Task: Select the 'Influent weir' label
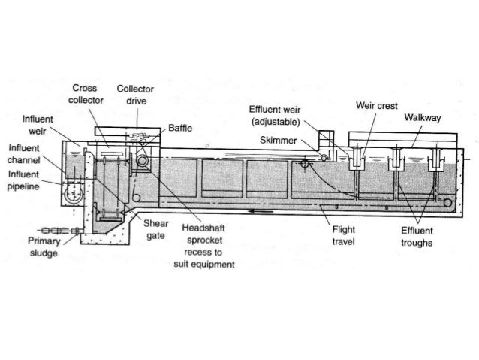[37, 124]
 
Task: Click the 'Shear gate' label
[155, 229]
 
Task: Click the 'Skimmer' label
[277, 140]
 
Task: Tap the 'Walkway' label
[423, 118]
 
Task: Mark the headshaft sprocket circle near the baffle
[140, 159]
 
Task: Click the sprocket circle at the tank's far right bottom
[448, 201]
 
